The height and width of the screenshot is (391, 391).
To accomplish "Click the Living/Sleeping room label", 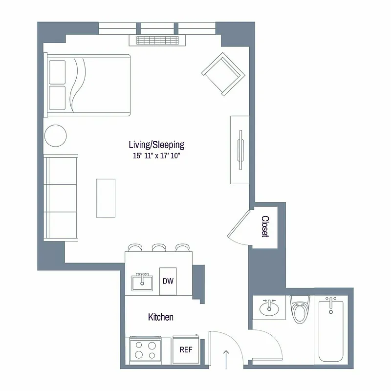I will [156, 144].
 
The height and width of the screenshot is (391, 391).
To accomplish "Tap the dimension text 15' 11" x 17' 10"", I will [156, 156].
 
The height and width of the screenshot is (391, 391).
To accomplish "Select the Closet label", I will [265, 226].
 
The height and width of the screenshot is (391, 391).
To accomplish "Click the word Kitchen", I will [161, 317].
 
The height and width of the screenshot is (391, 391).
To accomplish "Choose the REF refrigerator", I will [185, 349].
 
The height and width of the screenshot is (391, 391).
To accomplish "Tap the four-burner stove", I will [145, 350].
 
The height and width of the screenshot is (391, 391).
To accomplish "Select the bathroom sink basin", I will [268, 308].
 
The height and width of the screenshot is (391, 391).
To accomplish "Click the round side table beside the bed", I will [55, 134].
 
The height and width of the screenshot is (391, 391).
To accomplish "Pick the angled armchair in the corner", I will [223, 74].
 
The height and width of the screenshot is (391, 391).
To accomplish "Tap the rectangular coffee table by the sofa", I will [106, 198].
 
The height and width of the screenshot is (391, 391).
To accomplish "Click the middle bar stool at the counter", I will [159, 248].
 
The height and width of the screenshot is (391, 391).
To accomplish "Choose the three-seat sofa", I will [61, 198].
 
